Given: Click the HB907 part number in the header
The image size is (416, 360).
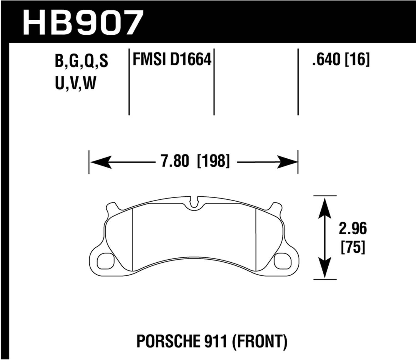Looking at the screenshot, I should click(x=83, y=22).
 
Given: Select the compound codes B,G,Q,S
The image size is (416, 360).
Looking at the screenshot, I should click(x=81, y=61).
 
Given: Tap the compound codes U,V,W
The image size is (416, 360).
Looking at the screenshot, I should click(x=75, y=83).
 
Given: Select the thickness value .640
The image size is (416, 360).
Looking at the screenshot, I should click(x=326, y=59).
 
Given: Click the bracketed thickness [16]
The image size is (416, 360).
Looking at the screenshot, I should click(x=357, y=59).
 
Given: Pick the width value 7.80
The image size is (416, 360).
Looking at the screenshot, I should click(x=175, y=161).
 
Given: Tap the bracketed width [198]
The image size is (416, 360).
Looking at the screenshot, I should click(x=213, y=161).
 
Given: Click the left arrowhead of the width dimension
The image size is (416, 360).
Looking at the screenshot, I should click(x=100, y=162).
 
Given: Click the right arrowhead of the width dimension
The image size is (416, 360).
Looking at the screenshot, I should click(x=287, y=162).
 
